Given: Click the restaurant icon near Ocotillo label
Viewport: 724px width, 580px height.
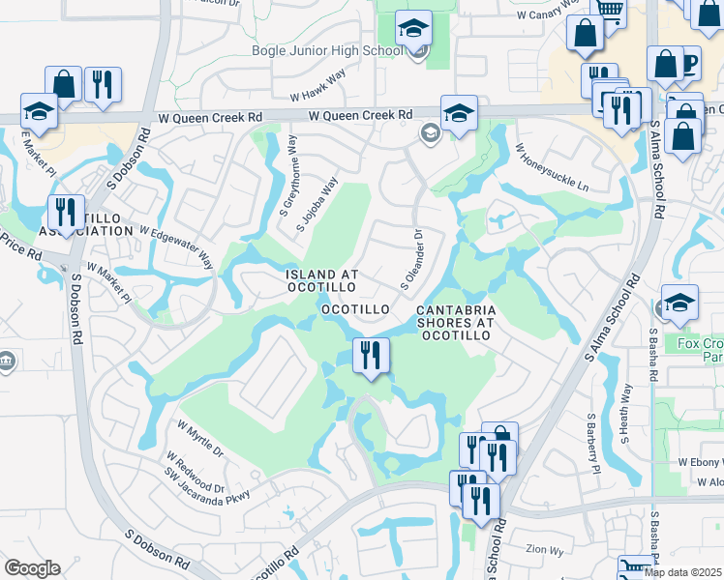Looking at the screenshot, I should coord(370,356).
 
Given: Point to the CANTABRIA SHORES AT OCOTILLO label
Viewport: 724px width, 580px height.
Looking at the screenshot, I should coord(456,322).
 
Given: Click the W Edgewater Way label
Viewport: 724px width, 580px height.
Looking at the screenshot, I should coord(175,246).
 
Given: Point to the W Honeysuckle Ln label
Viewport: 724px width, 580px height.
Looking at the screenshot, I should coord(552,167).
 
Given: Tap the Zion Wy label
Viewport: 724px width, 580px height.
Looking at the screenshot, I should coord(545,548).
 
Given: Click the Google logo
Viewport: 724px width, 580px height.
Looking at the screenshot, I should coord(32,568).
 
